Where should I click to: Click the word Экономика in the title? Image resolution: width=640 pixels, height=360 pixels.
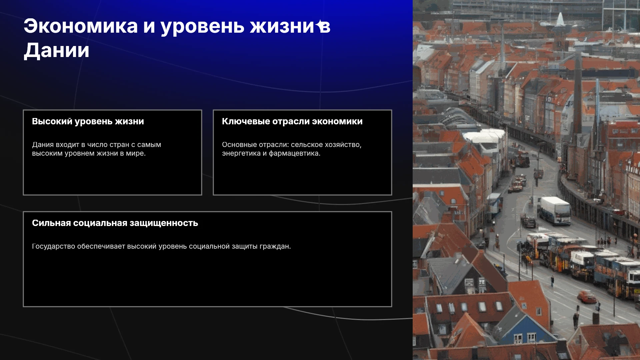point(81,26)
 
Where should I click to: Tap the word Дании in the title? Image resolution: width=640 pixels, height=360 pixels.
point(57,51)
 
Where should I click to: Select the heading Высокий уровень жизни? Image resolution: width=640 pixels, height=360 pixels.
point(88,121)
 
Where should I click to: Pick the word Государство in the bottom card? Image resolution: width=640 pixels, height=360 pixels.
point(53,246)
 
